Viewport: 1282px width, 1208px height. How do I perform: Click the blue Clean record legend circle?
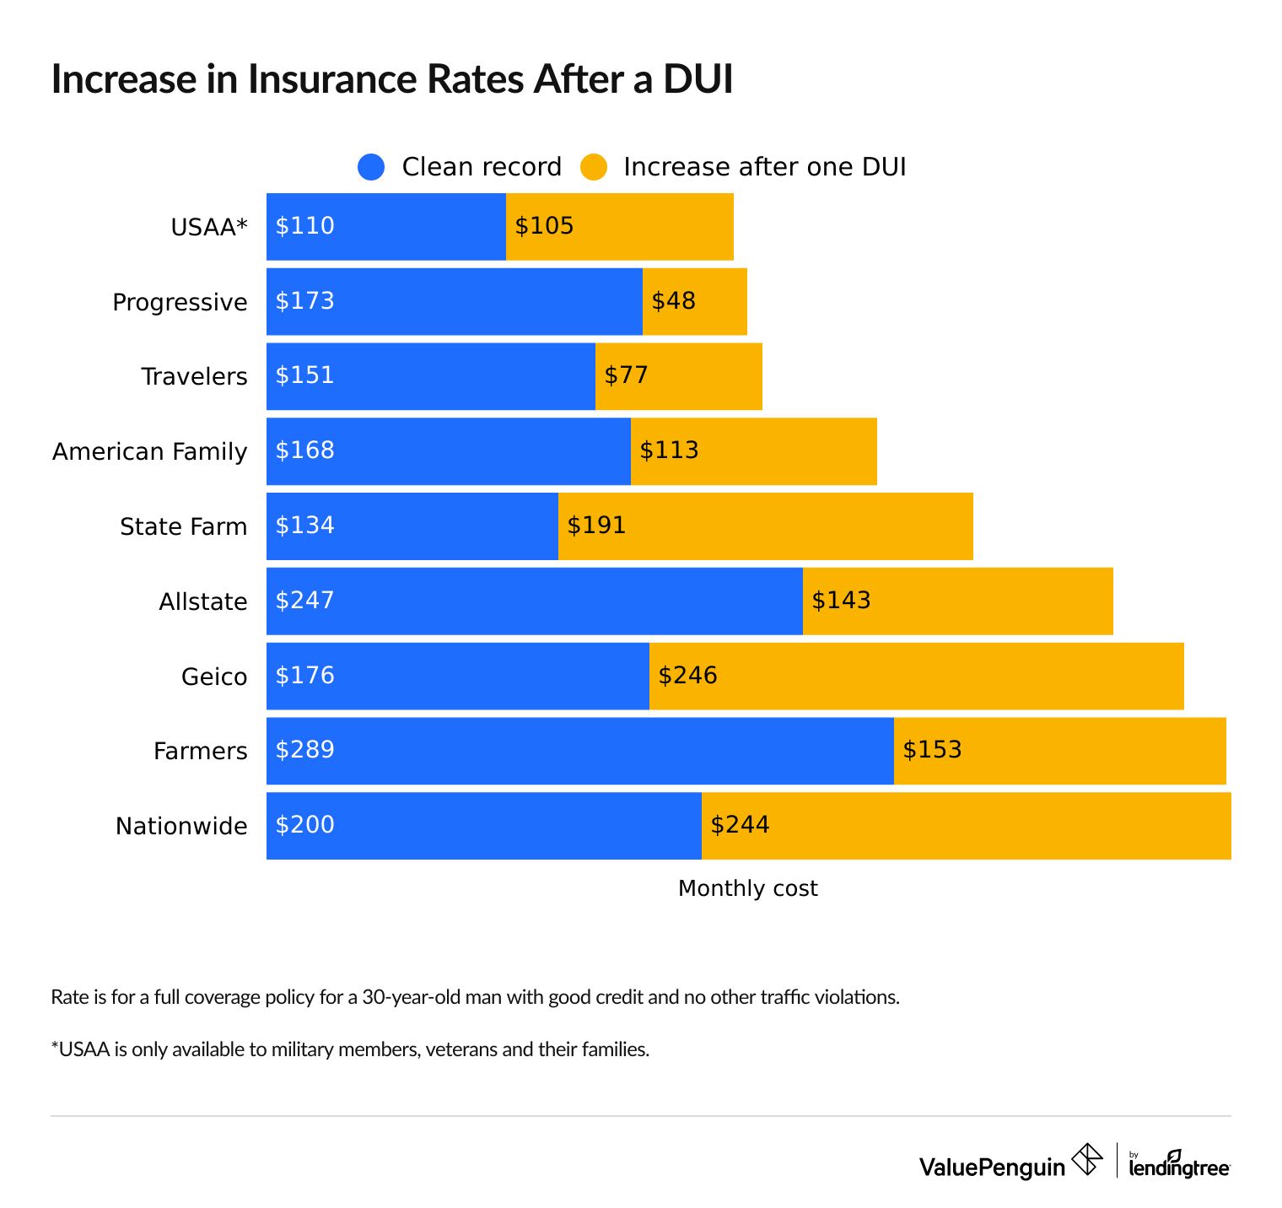point(371,167)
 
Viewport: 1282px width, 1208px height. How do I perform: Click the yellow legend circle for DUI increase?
point(594,167)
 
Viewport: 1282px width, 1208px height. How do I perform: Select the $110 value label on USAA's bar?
point(305,226)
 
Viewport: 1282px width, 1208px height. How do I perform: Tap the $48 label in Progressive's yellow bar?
point(674,301)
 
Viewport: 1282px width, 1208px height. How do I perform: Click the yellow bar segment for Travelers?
point(678,376)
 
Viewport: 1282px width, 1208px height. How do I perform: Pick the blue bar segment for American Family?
point(448,451)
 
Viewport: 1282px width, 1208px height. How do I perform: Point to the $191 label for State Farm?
point(596,526)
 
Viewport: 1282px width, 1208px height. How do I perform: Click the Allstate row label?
point(203,601)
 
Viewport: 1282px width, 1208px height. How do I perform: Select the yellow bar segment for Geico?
point(916,676)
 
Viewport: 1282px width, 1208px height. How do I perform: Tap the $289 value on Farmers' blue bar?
point(305,750)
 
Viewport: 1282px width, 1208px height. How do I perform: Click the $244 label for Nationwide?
point(740,825)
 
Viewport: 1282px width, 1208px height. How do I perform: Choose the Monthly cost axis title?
point(747,888)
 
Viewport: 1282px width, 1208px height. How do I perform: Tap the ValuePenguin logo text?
point(992,1167)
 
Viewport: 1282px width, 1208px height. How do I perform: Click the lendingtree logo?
point(1179,1165)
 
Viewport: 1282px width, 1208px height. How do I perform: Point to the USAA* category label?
point(209,227)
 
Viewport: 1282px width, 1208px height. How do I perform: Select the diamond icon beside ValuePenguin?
point(1087,1159)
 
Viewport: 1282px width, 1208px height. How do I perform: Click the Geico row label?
point(214,677)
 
